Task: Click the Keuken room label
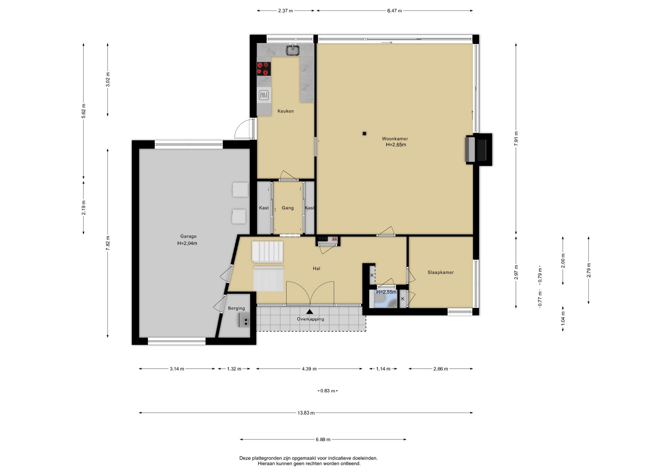pos(286,111)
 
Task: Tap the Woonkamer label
pos(395,139)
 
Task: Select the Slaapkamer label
pos(441,272)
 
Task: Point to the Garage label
pos(188,236)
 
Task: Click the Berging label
pos(236,309)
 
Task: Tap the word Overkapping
pos(310,319)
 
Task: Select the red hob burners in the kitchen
pos(264,69)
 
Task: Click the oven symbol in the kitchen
pos(264,95)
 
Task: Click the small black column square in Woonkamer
pos(364,133)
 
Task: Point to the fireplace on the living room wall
pos(478,149)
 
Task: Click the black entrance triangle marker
pos(309,312)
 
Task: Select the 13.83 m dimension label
pos(306,413)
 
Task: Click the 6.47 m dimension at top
pos(394,11)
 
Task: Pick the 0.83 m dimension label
pos(328,391)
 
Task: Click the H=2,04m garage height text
pos(187,243)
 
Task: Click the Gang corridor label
pos(288,208)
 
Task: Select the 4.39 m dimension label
pos(309,369)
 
